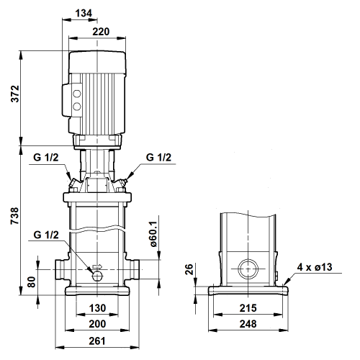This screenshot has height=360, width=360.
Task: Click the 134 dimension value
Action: [84, 13]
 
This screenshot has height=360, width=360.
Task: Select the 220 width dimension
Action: [101, 32]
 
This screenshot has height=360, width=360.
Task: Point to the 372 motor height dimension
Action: [15, 94]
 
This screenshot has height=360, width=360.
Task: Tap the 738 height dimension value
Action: [14, 216]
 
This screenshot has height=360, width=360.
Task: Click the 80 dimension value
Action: [32, 282]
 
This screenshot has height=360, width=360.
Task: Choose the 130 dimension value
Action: [97, 308]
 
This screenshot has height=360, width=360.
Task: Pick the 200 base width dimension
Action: [97, 324]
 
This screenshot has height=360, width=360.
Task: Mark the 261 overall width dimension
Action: [97, 341]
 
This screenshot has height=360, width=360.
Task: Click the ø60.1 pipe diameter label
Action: [153, 234]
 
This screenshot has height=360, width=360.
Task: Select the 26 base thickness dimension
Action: [189, 269]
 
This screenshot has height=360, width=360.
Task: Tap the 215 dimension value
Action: [248, 308]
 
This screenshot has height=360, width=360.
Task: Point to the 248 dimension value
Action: [248, 324]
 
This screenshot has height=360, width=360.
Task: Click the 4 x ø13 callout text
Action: [315, 267]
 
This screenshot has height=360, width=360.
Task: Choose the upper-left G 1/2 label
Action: [46, 158]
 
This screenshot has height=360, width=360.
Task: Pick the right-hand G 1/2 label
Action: [158, 158]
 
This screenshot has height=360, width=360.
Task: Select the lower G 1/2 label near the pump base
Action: [46, 235]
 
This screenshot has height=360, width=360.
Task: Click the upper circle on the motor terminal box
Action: [77, 94]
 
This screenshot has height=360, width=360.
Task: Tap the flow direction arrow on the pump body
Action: [97, 266]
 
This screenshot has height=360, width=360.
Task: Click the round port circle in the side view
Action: [248, 269]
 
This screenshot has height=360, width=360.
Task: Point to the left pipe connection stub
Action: [62, 269]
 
